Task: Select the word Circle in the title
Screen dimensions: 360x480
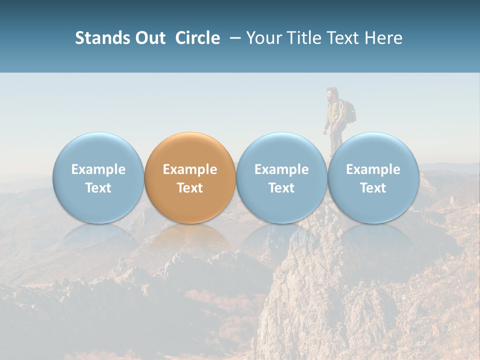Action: click(197, 38)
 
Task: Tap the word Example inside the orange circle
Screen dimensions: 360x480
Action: click(190, 169)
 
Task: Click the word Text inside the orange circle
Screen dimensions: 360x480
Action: click(190, 188)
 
